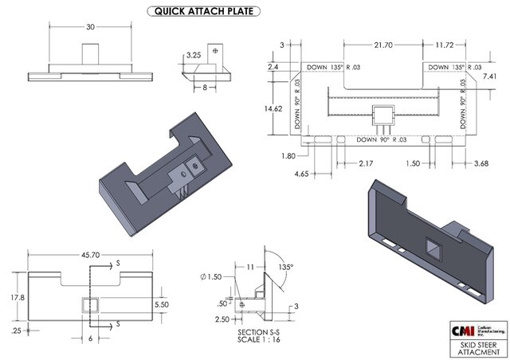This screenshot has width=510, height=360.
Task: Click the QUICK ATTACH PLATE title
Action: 206,11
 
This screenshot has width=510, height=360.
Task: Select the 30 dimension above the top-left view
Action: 90,26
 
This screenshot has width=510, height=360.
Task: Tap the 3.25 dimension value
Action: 193,57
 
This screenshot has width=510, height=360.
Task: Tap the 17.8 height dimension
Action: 16,296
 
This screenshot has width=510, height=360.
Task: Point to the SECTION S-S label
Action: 260,331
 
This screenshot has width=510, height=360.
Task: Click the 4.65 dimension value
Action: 301,173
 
